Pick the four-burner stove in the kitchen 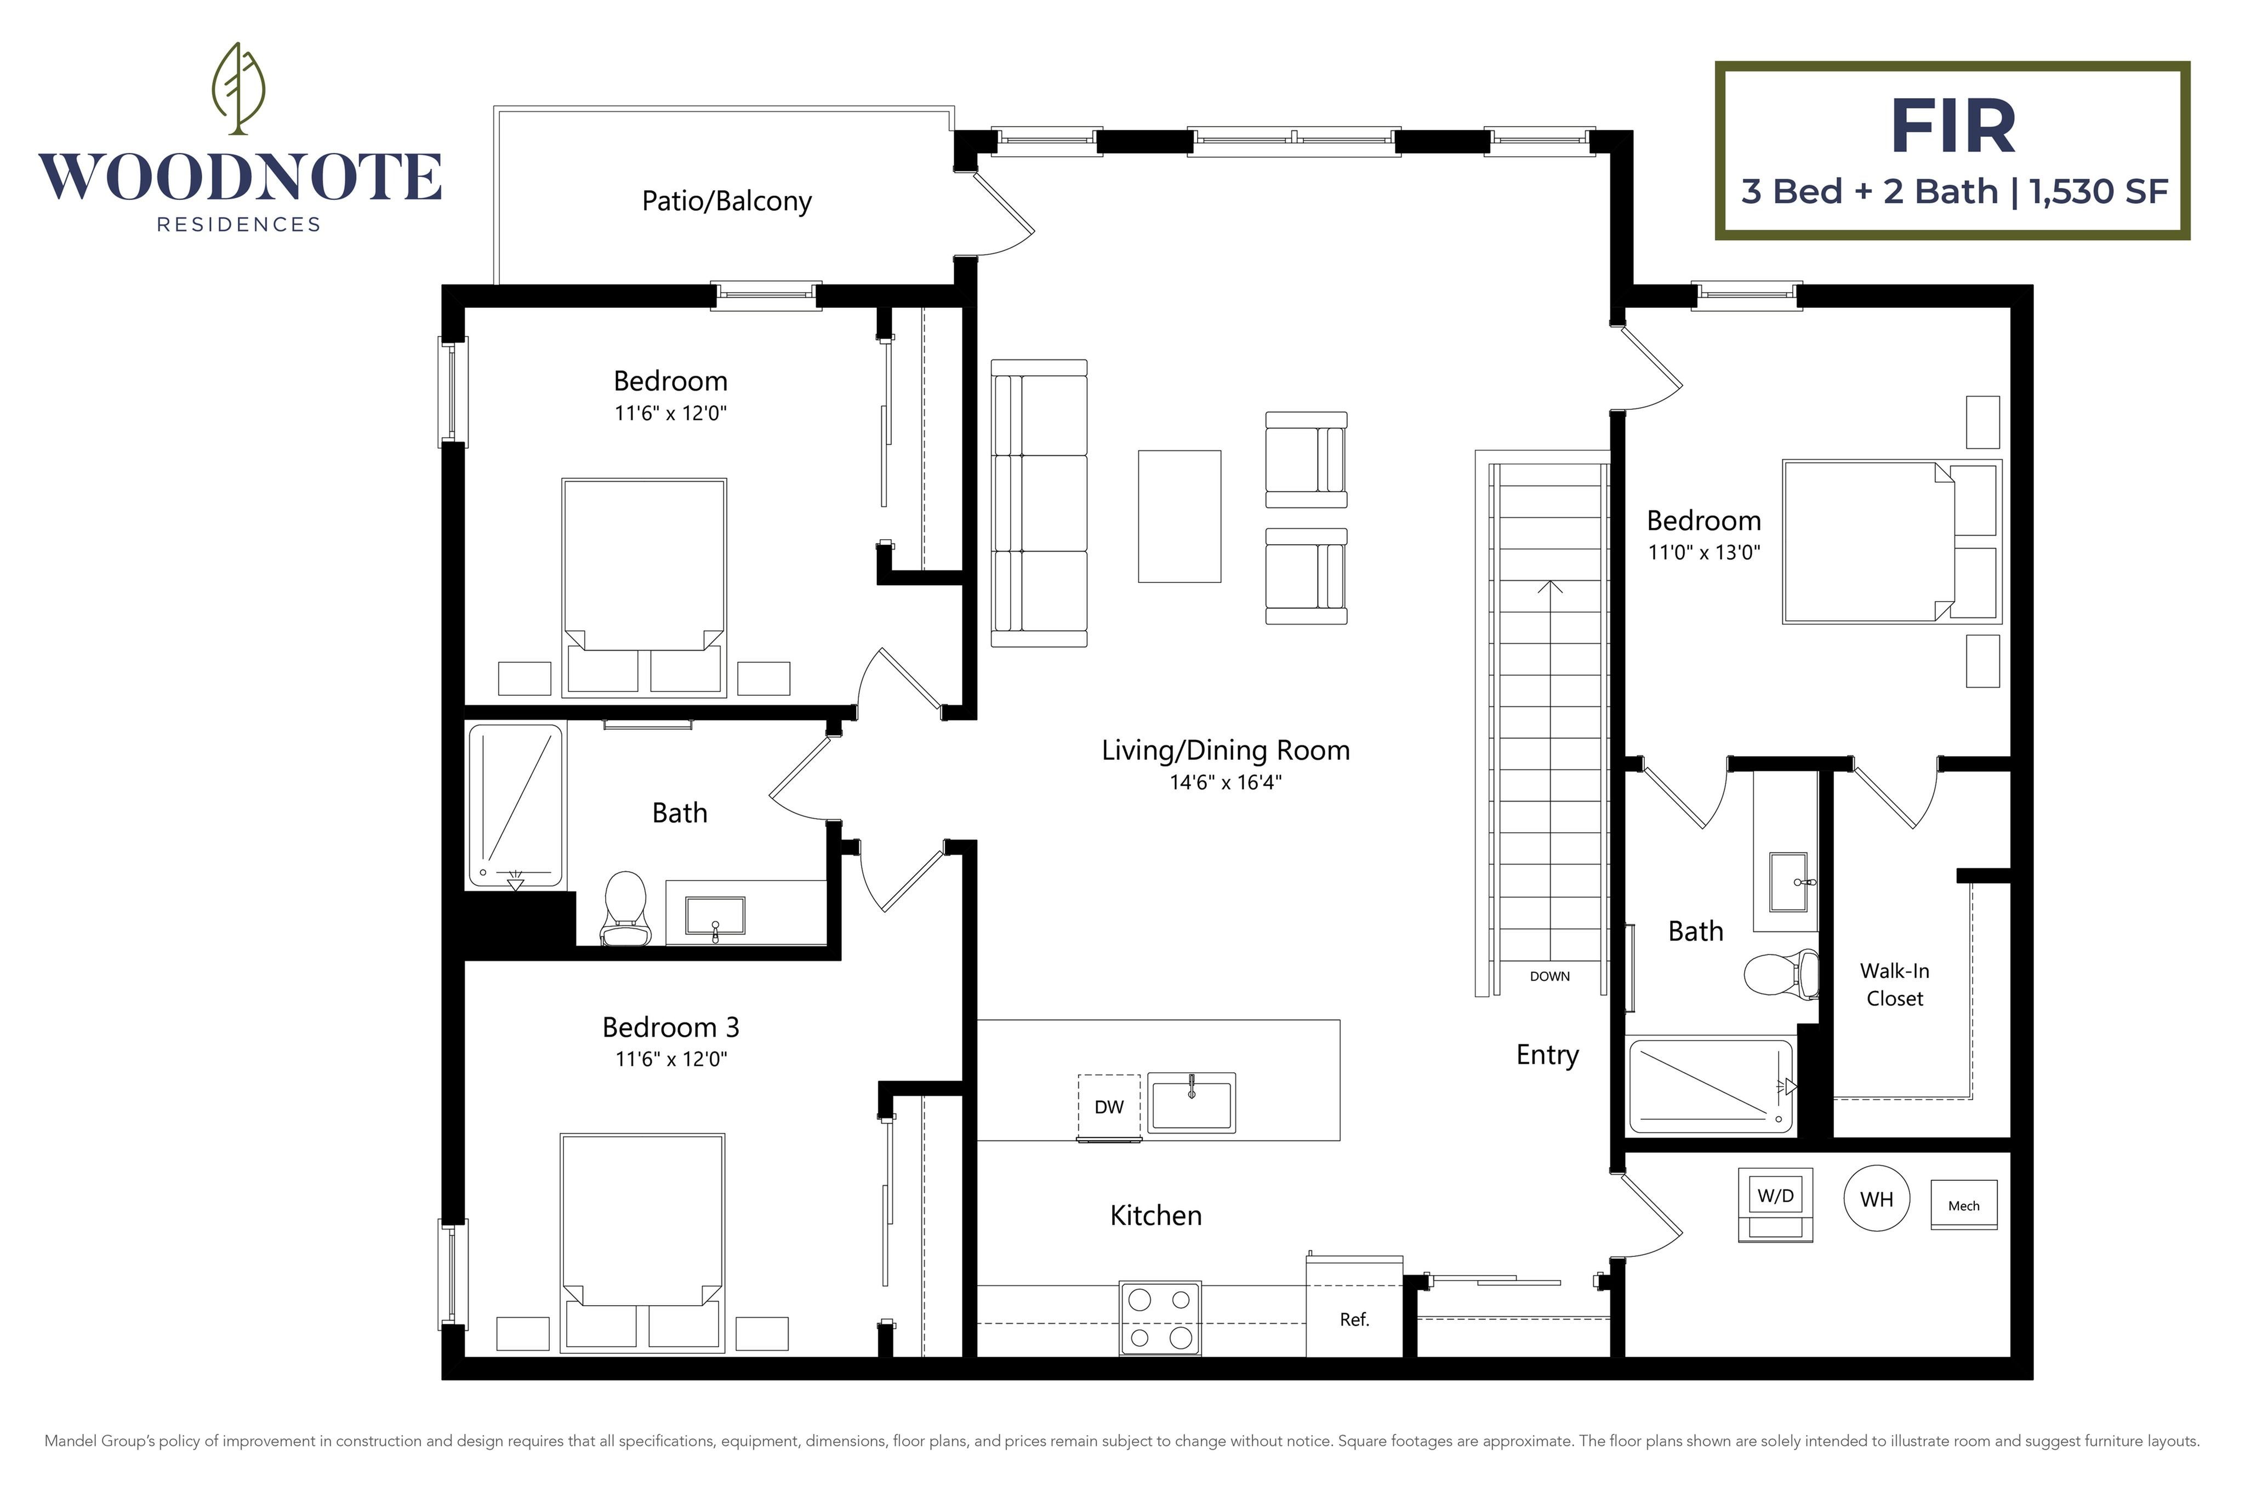[1160, 1318]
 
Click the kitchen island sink [1192, 1104]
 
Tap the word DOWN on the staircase [1549, 976]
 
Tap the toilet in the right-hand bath [1781, 974]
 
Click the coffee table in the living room [1180, 516]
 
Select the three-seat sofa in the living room [1039, 504]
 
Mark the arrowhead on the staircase [1549, 587]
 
